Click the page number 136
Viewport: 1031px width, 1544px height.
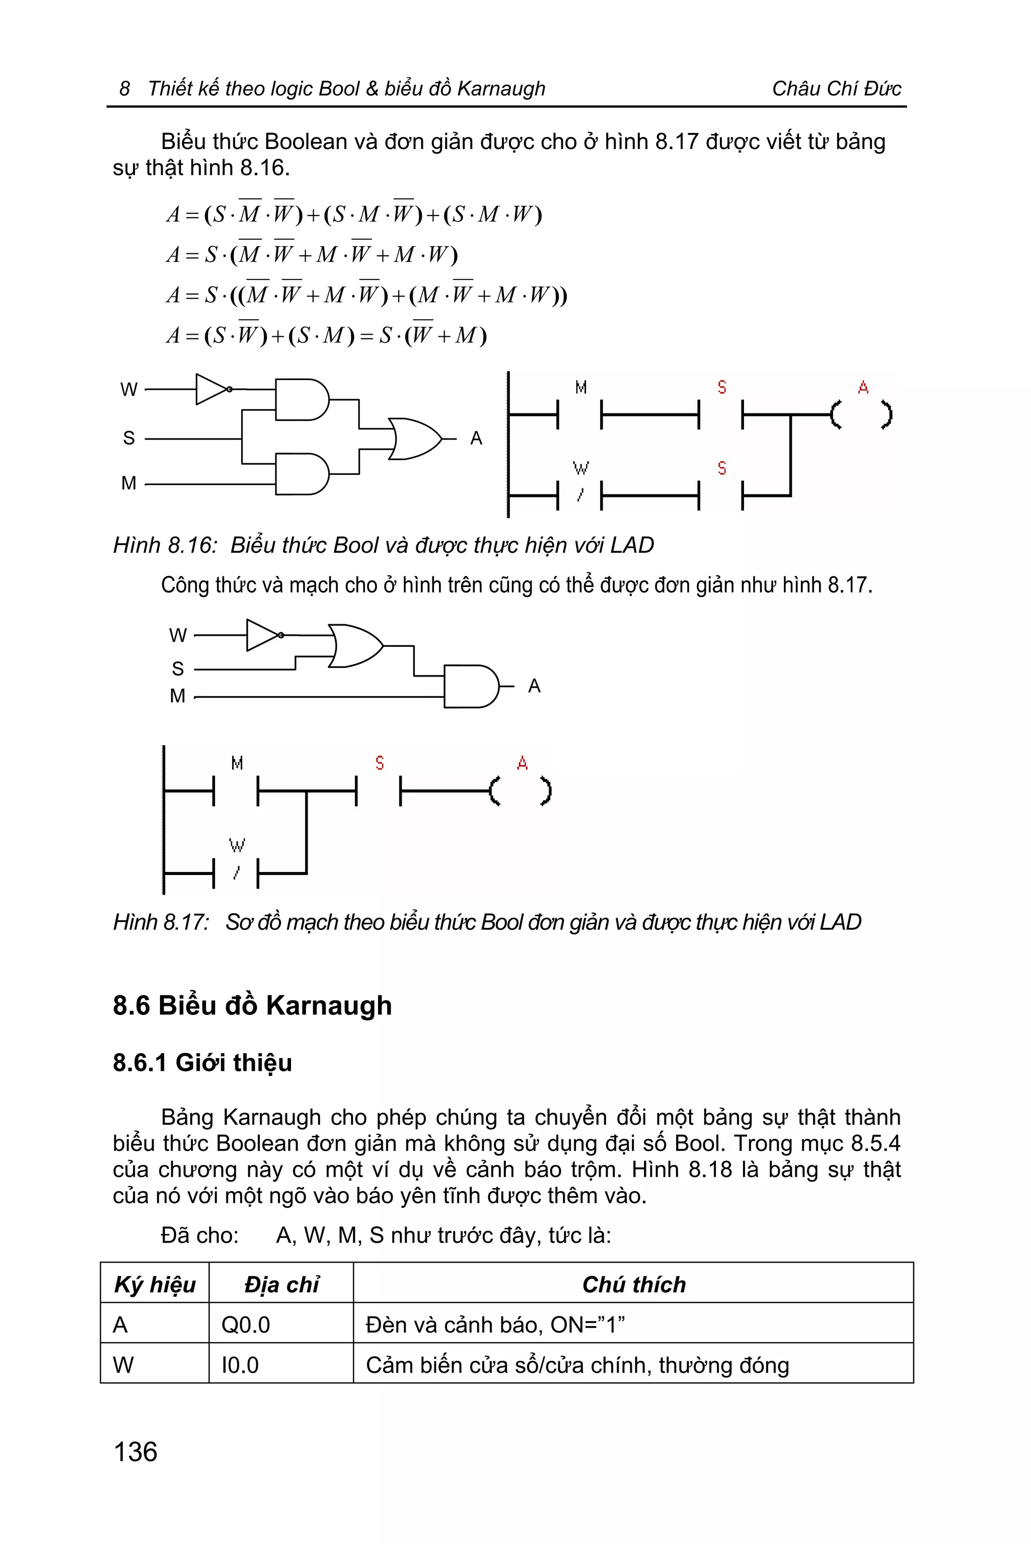(x=135, y=1451)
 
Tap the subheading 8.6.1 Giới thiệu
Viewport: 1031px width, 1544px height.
(x=202, y=1063)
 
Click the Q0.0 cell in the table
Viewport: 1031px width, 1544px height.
(x=245, y=1325)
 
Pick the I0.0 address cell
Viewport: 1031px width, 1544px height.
(x=240, y=1365)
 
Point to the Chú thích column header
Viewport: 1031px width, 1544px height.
(x=633, y=1284)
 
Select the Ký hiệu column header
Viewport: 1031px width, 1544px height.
(x=155, y=1284)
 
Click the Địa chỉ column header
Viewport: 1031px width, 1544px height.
(x=281, y=1284)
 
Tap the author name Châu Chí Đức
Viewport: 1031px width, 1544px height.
(x=836, y=88)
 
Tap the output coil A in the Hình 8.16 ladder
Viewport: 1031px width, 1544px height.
(x=861, y=414)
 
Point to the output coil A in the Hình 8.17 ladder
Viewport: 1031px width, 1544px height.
(x=520, y=791)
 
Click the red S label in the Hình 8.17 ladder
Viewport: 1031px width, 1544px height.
(x=380, y=763)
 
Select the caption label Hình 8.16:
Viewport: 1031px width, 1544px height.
(x=165, y=545)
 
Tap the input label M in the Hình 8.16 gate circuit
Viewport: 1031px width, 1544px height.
(x=129, y=483)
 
